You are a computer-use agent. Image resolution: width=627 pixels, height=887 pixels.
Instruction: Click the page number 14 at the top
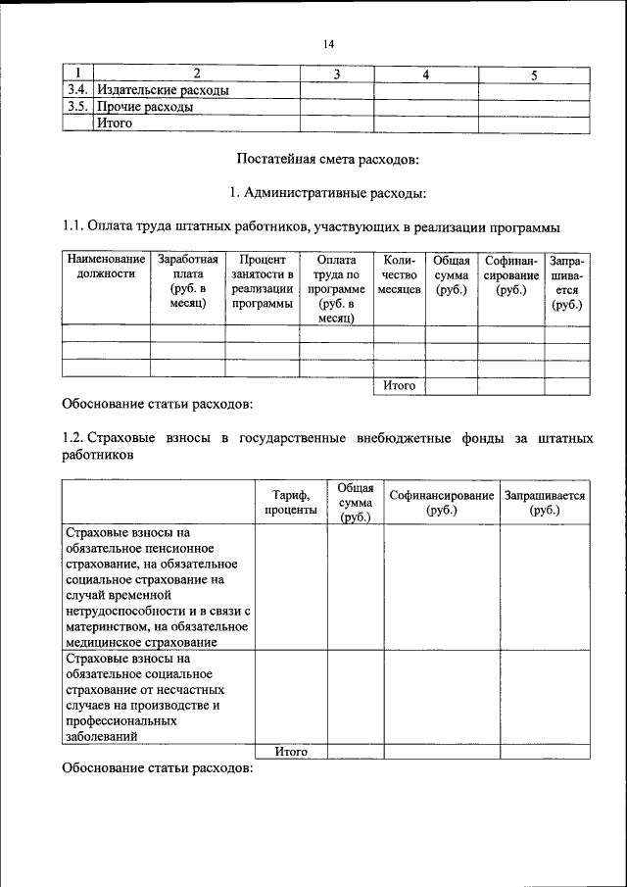327,43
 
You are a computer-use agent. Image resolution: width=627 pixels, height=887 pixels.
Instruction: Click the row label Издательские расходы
162,90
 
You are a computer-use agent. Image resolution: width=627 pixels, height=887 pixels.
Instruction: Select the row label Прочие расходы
144,107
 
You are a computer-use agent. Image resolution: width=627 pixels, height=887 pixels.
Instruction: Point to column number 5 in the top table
533,74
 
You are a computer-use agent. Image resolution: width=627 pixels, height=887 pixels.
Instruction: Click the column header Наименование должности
106,268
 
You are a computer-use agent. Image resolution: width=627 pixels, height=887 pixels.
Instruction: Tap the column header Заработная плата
187,282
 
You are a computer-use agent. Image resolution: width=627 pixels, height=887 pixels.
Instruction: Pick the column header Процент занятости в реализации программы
262,282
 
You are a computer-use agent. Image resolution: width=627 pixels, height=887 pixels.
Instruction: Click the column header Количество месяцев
399,275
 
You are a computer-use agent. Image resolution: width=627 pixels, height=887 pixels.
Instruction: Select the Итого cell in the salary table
399,386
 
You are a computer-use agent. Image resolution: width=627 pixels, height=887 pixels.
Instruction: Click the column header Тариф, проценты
290,503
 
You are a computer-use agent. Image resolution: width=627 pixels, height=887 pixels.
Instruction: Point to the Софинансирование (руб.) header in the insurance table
441,503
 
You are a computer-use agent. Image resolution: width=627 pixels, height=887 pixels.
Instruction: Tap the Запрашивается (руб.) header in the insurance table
544,503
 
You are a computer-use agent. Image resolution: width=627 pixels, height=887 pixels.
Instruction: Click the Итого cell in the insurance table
291,752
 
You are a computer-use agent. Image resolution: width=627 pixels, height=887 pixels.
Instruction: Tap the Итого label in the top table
114,123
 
